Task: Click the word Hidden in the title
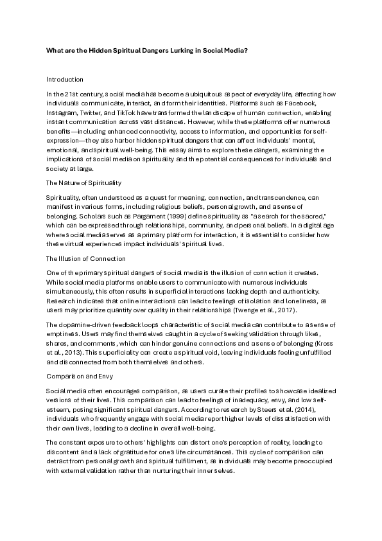click(x=99, y=49)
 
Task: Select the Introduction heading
click(x=65, y=80)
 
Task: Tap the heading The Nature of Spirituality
click(x=83, y=182)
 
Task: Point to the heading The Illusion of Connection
click(x=86, y=258)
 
